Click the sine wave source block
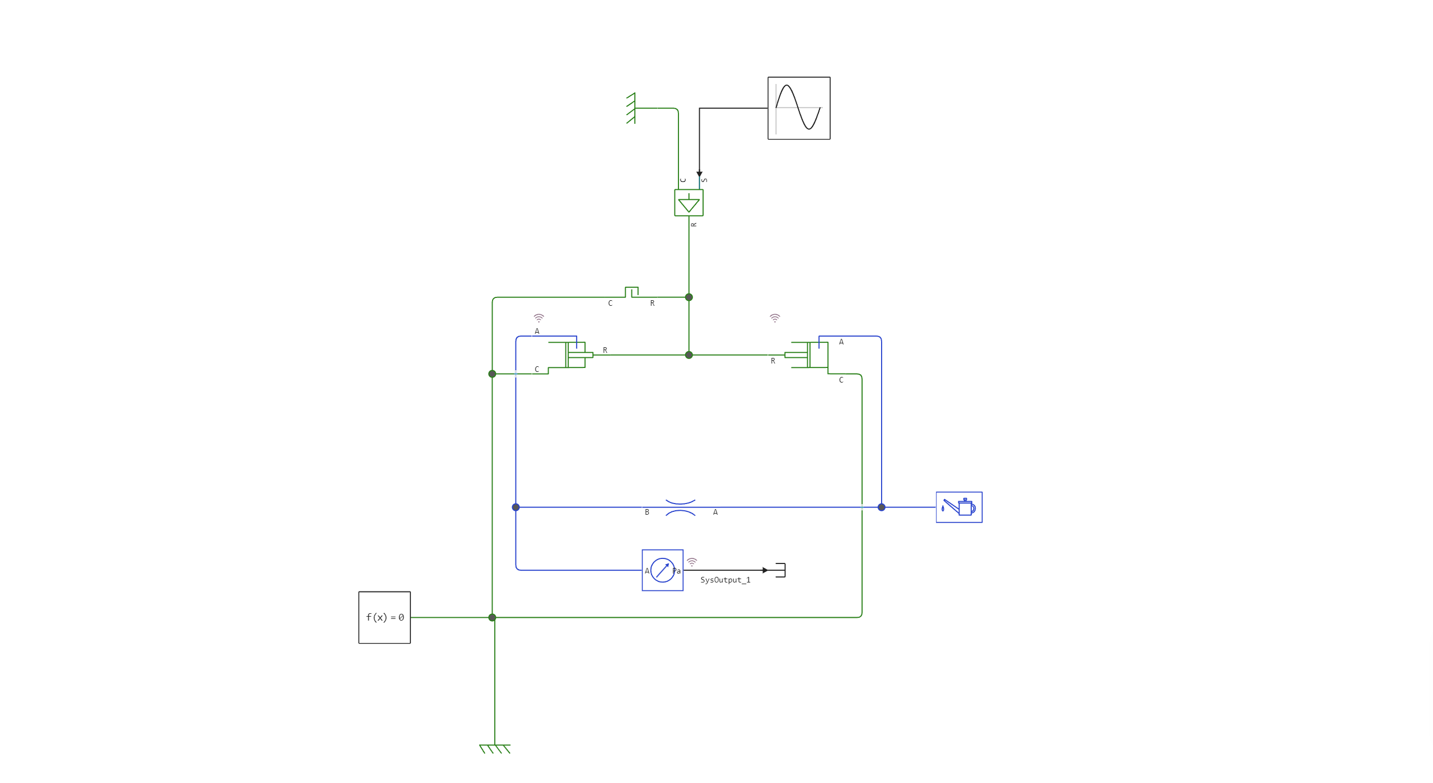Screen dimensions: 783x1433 pyautogui.click(x=798, y=108)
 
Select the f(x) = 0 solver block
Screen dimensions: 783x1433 pyautogui.click(x=385, y=617)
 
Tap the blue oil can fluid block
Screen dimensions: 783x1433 pyautogui.click(x=959, y=507)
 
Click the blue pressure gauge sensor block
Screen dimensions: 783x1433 pyautogui.click(x=662, y=570)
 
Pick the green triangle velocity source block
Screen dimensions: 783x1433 pyautogui.click(x=689, y=203)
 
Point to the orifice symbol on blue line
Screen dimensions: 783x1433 pyautogui.click(x=681, y=507)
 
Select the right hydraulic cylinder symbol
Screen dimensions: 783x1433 pyautogui.click(x=809, y=355)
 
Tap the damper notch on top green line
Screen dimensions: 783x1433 pyautogui.click(x=631, y=292)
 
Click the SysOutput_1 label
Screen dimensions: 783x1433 pyautogui.click(x=725, y=580)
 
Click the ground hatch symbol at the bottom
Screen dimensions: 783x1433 pyautogui.click(x=495, y=749)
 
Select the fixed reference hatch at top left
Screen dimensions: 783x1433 pyautogui.click(x=631, y=108)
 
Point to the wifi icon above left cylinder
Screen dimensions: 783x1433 pyautogui.click(x=538, y=318)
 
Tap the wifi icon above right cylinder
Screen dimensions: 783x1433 pyautogui.click(x=775, y=318)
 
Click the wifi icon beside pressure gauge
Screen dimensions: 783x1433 pyautogui.click(x=692, y=561)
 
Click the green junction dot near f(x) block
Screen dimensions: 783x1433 pyautogui.click(x=492, y=617)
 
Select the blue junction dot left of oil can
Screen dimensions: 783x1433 pyautogui.click(x=882, y=507)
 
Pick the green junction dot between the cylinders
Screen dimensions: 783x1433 pyautogui.click(x=689, y=355)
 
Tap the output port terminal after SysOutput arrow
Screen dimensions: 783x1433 pyautogui.click(x=781, y=570)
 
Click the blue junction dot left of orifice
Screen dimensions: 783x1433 pyautogui.click(x=516, y=507)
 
